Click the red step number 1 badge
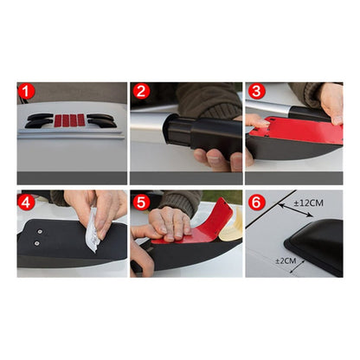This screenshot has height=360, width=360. click(26, 91)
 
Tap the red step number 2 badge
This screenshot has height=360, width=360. click(141, 91)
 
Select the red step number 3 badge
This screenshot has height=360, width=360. click(257, 91)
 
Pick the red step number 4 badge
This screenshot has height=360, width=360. click(26, 202)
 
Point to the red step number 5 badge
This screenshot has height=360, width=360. click(141, 202)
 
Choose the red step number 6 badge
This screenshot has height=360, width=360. click(257, 202)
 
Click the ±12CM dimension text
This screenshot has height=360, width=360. click(308, 203)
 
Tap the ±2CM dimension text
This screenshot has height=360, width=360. click(286, 260)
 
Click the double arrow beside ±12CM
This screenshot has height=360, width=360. click(296, 210)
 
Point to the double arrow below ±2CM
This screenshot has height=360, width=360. click(297, 266)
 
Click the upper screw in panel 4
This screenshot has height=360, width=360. click(40, 231)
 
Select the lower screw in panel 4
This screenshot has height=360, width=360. click(36, 243)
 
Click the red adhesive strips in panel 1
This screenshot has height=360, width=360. click(70, 120)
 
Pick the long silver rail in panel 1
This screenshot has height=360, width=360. click(71, 134)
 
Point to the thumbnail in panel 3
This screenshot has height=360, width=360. click(263, 121)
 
